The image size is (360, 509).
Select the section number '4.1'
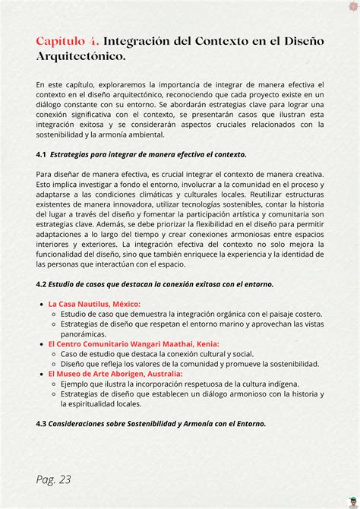(x=41, y=154)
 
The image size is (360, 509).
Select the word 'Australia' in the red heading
(x=159, y=374)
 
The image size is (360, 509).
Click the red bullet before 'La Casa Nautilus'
(x=41, y=304)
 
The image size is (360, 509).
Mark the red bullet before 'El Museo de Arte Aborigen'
(x=41, y=374)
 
